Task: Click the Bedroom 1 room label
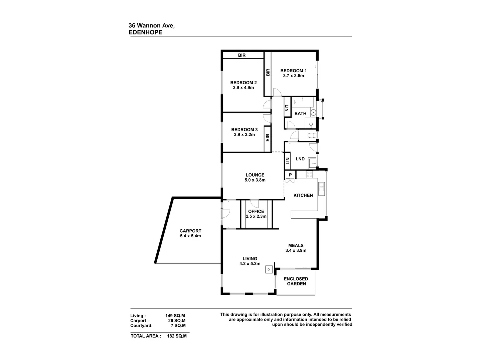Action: tap(293, 71)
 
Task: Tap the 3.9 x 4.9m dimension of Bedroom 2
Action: tap(243, 88)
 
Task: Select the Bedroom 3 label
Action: tap(244, 130)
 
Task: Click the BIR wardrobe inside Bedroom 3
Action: tap(267, 138)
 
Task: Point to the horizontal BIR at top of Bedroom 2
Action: tap(242, 55)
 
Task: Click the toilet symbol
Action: tap(311, 136)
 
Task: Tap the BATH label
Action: tap(300, 114)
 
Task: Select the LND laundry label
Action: tap(300, 159)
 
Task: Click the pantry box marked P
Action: tap(290, 175)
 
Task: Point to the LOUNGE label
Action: tap(255, 175)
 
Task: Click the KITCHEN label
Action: tap(303, 195)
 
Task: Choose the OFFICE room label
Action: tap(256, 211)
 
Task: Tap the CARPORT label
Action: tap(190, 231)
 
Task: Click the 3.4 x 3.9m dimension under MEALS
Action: tap(296, 250)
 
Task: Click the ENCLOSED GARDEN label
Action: tap(296, 281)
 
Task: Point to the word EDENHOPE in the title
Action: tap(146, 32)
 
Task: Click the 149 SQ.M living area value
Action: tap(175, 316)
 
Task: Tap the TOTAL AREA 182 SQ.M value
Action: tap(177, 336)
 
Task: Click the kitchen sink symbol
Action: tap(321, 189)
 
